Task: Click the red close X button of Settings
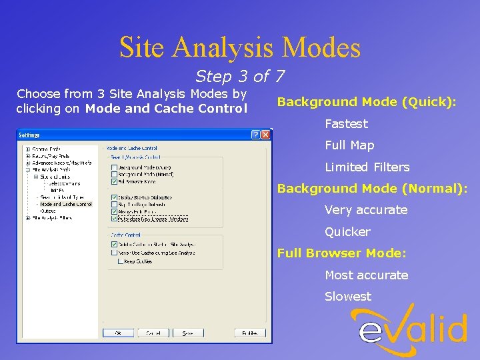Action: [x=265, y=135]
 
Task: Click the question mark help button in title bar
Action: [x=255, y=135]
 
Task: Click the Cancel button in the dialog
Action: [x=153, y=333]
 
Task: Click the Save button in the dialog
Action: [x=188, y=333]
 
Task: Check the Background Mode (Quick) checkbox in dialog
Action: [x=114, y=167]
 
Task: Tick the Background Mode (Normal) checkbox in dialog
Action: [x=114, y=174]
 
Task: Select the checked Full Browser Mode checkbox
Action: [x=114, y=181]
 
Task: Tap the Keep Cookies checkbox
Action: [x=121, y=261]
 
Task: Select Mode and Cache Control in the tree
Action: [x=65, y=204]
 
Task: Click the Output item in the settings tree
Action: [x=48, y=211]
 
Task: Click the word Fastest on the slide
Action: [x=346, y=124]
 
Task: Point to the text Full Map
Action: [x=349, y=145]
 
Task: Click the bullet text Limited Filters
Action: [x=367, y=167]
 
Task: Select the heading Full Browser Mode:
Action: [x=342, y=253]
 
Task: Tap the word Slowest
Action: [x=347, y=297]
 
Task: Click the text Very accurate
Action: [x=365, y=210]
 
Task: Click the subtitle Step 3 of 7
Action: [x=239, y=77]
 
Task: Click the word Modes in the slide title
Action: [x=321, y=47]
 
